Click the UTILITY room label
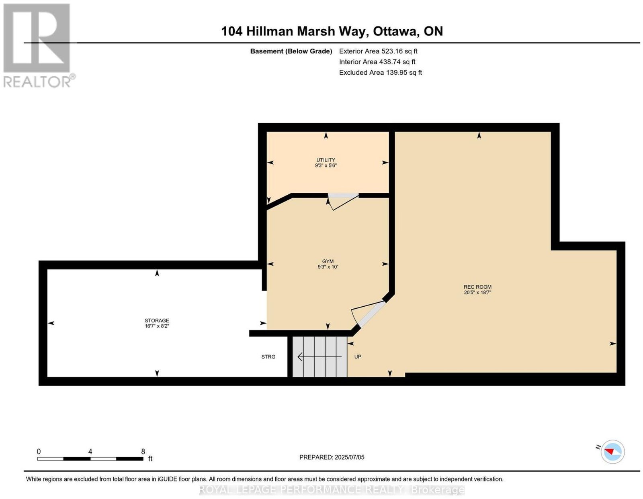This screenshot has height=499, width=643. [326, 160]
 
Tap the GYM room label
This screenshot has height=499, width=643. [328, 261]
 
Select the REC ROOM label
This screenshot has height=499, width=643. [477, 287]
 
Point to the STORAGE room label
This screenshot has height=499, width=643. [157, 320]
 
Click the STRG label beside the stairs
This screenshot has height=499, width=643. [268, 357]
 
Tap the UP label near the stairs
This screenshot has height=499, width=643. [358, 357]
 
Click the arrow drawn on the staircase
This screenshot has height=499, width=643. [319, 357]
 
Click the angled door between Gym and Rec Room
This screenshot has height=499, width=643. [369, 314]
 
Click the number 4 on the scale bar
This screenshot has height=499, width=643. [90, 452]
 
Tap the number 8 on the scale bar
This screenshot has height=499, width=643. [143, 452]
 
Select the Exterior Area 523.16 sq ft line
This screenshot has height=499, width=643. [378, 51]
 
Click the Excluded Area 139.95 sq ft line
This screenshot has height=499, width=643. [380, 72]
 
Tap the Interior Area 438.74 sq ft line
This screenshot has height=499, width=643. [377, 62]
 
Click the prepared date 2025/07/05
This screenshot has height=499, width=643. [349, 457]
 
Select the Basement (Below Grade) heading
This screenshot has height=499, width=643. [291, 51]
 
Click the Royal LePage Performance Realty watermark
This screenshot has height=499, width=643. [332, 489]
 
